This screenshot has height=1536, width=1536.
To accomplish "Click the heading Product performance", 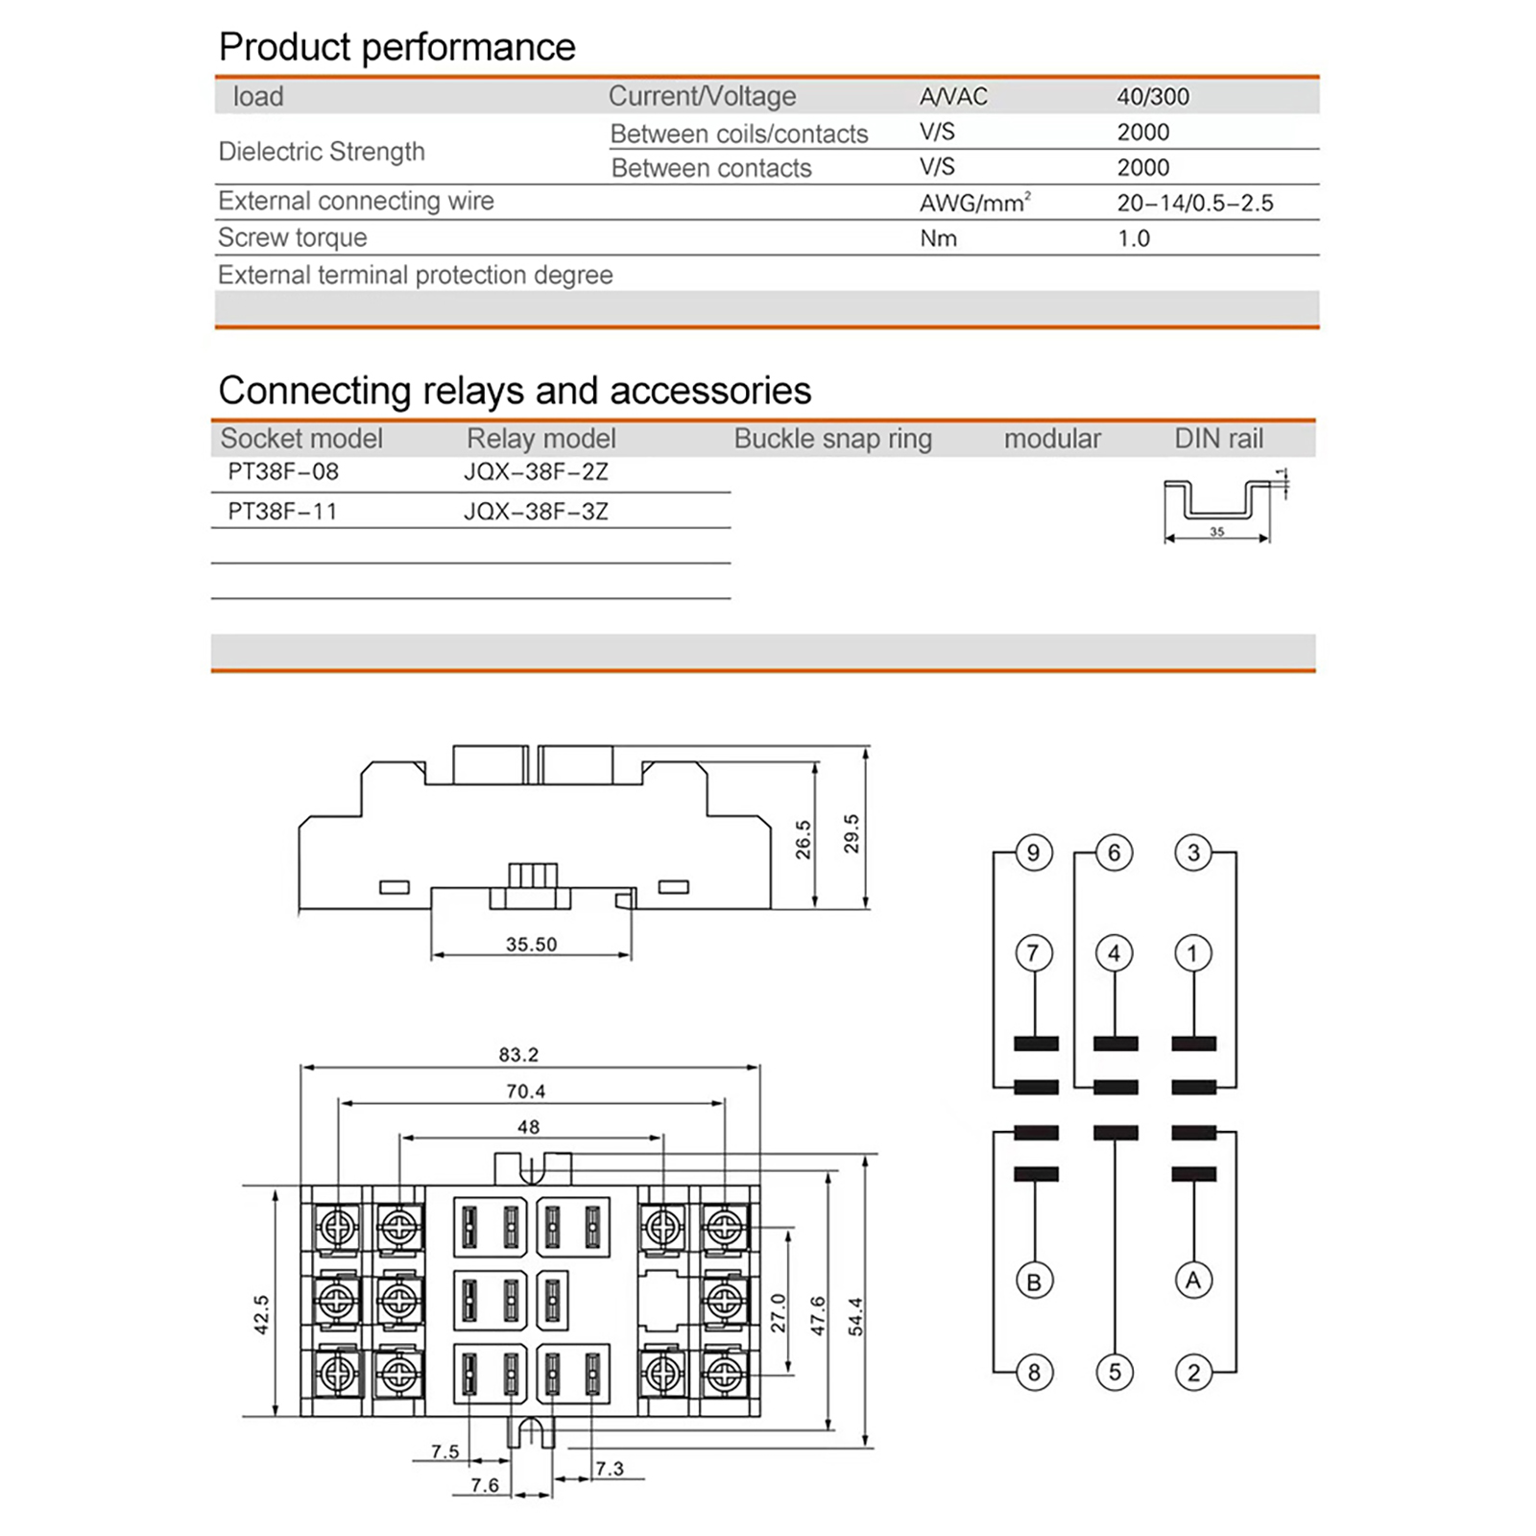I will click(396, 47).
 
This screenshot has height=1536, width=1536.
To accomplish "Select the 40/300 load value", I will click(1152, 96).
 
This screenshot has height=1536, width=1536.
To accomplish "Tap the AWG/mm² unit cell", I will click(974, 203).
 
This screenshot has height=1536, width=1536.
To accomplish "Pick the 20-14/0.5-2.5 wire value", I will click(1194, 203).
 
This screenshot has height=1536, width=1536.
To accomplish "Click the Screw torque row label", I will click(292, 237).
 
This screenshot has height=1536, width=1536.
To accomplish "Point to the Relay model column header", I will click(540, 439).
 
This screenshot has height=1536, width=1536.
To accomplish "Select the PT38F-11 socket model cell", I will click(282, 511).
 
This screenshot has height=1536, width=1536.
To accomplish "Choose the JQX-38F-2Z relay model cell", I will click(536, 471).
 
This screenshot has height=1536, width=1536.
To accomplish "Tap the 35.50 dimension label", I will click(531, 945).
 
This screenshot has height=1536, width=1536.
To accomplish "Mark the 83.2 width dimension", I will click(518, 1054).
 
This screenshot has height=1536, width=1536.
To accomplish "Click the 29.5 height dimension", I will click(851, 833).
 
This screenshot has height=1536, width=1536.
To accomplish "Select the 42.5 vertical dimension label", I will click(261, 1314).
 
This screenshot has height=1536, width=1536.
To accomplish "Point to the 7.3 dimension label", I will click(609, 1469).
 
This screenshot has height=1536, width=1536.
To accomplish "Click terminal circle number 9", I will click(1033, 852).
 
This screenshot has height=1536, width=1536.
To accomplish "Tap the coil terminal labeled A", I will click(1193, 1280).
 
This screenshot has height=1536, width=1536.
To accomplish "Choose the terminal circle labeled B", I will click(1034, 1282).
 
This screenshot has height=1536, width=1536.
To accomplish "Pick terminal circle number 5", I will click(1115, 1372).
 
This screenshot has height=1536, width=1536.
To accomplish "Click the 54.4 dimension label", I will click(855, 1317).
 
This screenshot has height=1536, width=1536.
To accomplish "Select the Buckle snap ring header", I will click(832, 439).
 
